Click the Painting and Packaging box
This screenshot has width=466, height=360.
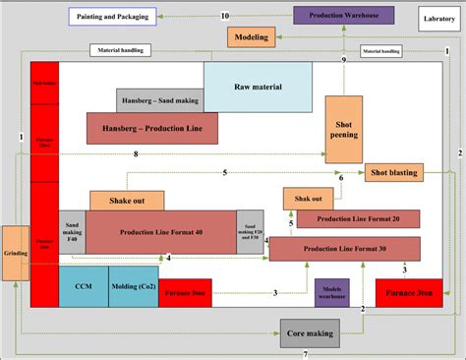point(114,16)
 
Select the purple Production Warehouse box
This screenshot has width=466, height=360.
point(343,16)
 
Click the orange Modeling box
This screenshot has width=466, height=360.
point(251,36)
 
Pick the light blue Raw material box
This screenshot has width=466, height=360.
point(258,87)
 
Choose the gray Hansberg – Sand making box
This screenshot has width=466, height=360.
point(159,101)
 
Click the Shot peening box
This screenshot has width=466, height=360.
point(344,128)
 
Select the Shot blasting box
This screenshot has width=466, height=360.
point(393,173)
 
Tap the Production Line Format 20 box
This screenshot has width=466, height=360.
point(359,218)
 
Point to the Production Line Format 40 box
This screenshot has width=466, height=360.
point(160,232)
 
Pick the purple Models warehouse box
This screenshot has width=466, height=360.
point(332,292)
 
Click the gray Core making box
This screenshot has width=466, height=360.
point(311,332)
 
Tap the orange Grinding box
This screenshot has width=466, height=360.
point(15,253)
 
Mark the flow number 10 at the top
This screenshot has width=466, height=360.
point(225,16)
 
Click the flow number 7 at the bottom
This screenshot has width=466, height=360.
point(305,353)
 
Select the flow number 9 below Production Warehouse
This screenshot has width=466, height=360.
point(343,61)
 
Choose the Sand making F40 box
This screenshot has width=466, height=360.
point(72,232)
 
